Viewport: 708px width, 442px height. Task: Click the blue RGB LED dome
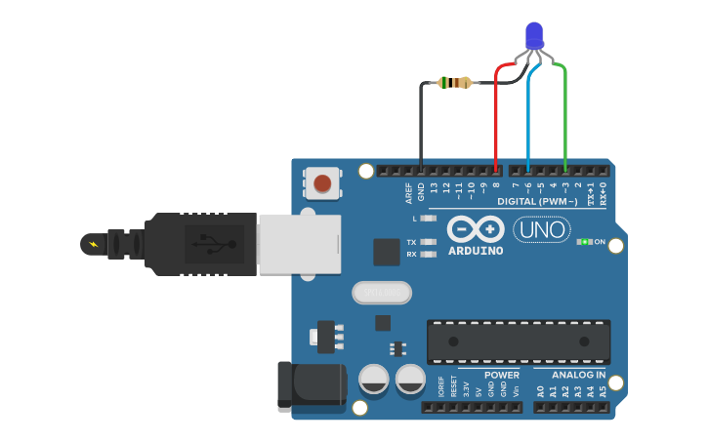point(534,36)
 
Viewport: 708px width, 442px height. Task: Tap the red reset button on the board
point(323,182)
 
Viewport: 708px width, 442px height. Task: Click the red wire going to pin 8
point(496,117)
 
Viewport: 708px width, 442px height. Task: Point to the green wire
point(565,117)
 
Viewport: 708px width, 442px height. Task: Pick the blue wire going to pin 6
point(528,117)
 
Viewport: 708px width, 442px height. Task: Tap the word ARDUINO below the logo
point(476,251)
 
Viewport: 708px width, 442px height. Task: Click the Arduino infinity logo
point(476,229)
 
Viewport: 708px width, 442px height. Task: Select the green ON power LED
point(585,241)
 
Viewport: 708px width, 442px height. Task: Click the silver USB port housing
point(300,244)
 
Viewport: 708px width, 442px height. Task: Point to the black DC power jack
point(312,385)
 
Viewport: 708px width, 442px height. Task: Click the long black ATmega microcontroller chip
point(518,342)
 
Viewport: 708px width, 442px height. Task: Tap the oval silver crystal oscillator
point(382,292)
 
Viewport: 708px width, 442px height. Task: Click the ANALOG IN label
point(578,375)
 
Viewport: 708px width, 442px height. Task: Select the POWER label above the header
point(502,375)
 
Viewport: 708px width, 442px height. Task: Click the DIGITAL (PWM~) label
point(537,202)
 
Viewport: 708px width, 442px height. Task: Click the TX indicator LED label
point(411,242)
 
